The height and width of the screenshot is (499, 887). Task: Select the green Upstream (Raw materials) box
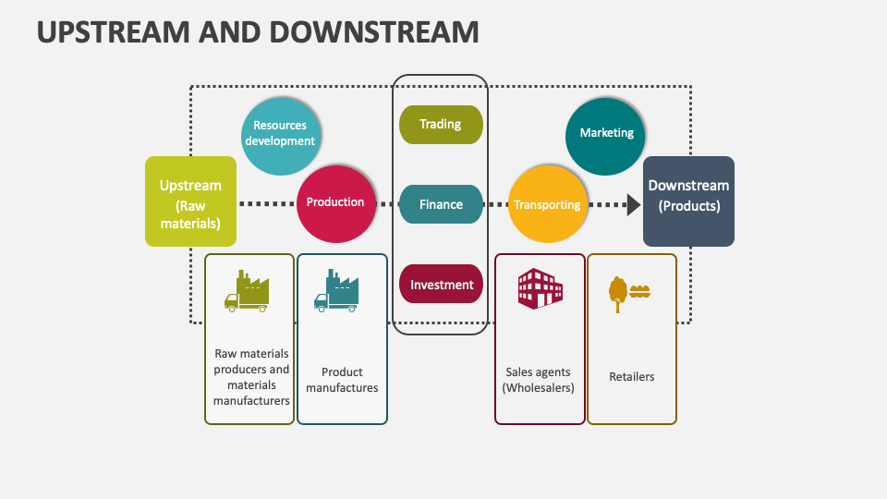(x=190, y=201)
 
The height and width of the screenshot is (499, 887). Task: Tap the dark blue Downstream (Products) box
(x=688, y=201)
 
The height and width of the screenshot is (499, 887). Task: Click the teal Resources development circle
(x=280, y=134)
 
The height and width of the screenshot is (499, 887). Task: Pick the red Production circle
(x=336, y=203)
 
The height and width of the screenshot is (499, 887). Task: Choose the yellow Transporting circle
(x=547, y=204)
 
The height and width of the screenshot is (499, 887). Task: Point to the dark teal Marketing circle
(x=606, y=134)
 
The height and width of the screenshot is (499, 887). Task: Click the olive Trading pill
(x=441, y=125)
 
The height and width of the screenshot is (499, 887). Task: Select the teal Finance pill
(x=441, y=204)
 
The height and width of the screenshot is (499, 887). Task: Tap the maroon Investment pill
(x=441, y=285)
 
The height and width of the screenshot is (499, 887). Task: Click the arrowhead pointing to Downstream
(x=633, y=204)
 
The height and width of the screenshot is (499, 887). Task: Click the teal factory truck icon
(x=336, y=291)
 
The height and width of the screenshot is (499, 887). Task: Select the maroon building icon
(x=540, y=289)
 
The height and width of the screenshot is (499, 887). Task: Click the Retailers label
(x=632, y=377)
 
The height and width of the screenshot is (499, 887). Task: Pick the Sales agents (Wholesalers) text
(x=540, y=380)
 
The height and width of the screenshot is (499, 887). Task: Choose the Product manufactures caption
(x=342, y=380)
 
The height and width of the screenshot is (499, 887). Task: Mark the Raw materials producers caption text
(x=251, y=377)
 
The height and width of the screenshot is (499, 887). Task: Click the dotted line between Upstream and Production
(x=266, y=203)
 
